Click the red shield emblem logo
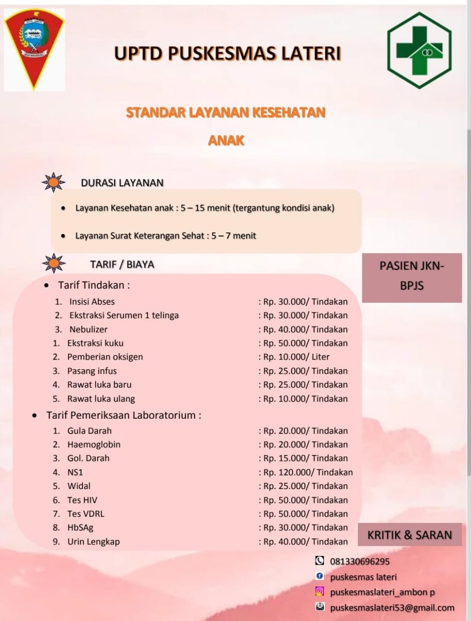(34, 49)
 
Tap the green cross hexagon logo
(419, 50)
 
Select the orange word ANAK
(226, 141)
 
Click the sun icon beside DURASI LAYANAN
(53, 182)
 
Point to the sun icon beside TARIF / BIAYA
(53, 263)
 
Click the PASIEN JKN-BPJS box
(412, 276)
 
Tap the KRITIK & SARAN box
(409, 535)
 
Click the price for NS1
(308, 472)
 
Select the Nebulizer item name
(88, 329)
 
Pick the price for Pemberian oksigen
(296, 357)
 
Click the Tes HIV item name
(82, 500)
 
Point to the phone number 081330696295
(360, 561)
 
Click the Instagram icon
(320, 591)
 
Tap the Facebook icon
(320, 576)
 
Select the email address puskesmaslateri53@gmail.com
(392, 607)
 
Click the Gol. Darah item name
(88, 458)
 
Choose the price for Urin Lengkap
(305, 541)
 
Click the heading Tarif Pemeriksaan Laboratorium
(123, 415)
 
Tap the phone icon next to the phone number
(320, 561)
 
